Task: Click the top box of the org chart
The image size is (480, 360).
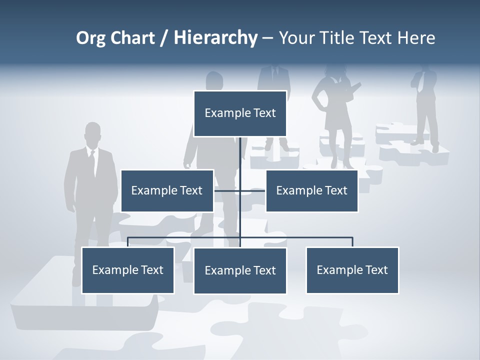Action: pyautogui.click(x=240, y=113)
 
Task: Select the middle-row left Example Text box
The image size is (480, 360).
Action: pyautogui.click(x=167, y=190)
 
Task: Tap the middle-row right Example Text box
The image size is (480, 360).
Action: pyautogui.click(x=311, y=190)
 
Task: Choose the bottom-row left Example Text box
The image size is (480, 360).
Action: pyautogui.click(x=128, y=270)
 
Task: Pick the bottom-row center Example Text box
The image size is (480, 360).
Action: pyautogui.click(x=240, y=270)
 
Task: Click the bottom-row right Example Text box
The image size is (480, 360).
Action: pyautogui.click(x=352, y=270)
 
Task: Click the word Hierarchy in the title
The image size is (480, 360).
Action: pyautogui.click(x=215, y=37)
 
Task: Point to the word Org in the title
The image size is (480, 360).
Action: pyautogui.click(x=90, y=38)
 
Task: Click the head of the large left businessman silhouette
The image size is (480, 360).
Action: pyautogui.click(x=92, y=134)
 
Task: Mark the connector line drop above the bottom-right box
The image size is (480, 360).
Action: pyautogui.click(x=352, y=242)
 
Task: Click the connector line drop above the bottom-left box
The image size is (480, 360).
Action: pyautogui.click(x=128, y=242)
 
